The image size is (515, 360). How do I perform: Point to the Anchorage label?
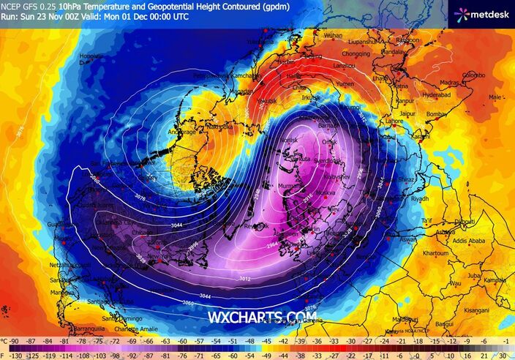182,132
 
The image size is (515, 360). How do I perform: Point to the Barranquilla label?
80,330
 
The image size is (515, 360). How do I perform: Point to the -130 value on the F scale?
15,352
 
